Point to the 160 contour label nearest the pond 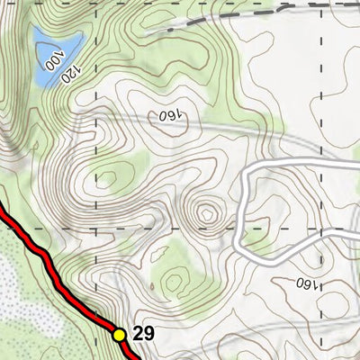[168, 116]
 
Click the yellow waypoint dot [119, 334]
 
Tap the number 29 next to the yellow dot [144, 334]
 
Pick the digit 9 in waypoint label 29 [149, 334]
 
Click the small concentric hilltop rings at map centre [208, 213]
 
